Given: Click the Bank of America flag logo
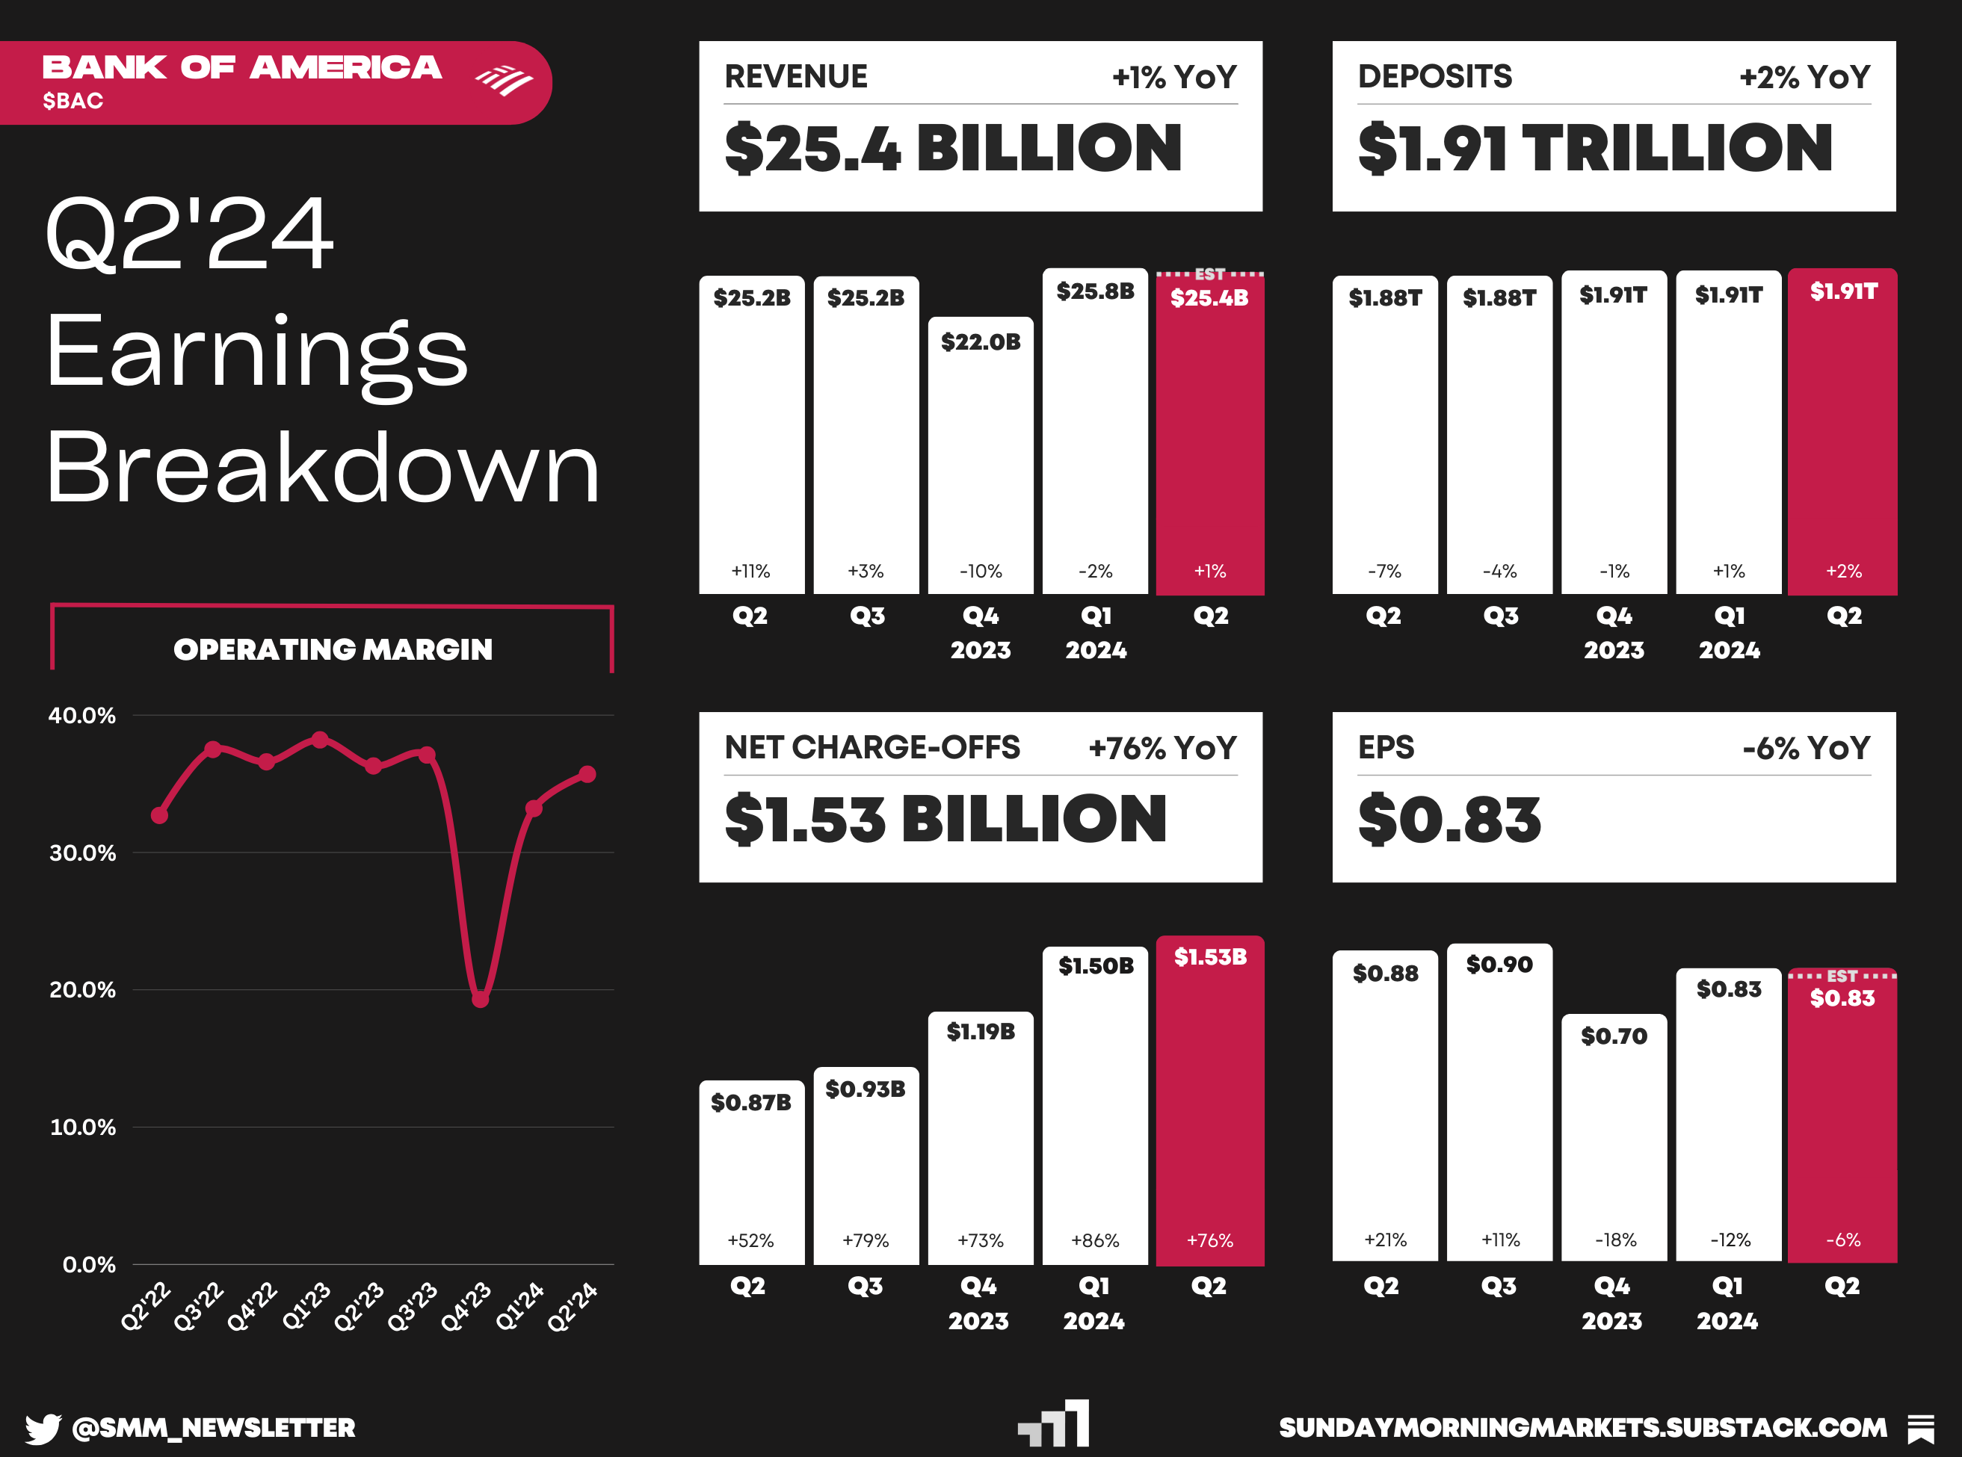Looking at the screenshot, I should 504,80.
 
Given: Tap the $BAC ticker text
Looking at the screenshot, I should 73,102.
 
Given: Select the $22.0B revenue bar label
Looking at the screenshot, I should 980,342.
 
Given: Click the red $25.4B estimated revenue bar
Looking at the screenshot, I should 1209,441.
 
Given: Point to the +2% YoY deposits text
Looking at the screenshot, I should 1804,78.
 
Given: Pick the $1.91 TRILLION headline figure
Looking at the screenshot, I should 1595,148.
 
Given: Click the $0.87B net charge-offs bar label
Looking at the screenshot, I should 750,1102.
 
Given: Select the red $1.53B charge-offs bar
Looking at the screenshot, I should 1209,1102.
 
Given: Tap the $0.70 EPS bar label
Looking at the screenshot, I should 1614,1036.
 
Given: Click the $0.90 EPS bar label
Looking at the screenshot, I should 1499,965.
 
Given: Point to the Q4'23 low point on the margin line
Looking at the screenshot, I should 480,999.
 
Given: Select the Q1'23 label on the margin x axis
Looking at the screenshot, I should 305,1306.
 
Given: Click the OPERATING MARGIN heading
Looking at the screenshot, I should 333,650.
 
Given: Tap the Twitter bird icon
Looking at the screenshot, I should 43,1428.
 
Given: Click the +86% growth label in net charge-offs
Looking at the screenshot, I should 1095,1241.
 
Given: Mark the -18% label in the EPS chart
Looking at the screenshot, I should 1615,1240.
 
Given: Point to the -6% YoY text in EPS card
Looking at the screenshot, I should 1805,749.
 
